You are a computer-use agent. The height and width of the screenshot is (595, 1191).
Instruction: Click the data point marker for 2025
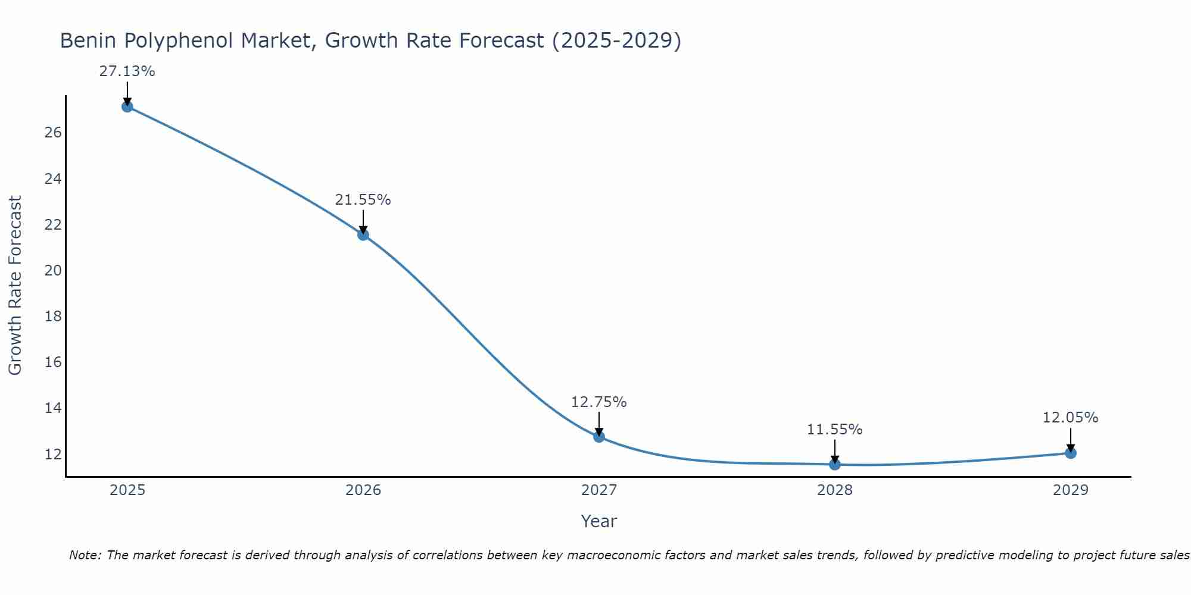pos(127,107)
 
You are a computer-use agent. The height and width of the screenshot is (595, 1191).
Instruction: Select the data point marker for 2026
pos(363,234)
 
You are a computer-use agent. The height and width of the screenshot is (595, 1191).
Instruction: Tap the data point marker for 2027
pos(599,437)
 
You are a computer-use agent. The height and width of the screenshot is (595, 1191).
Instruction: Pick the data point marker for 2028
pos(835,464)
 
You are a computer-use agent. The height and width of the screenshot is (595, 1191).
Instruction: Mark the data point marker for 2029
pos(1071,453)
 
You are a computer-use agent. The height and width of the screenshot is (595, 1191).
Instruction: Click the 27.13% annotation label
pos(127,71)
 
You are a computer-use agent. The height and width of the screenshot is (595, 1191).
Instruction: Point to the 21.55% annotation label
pos(363,200)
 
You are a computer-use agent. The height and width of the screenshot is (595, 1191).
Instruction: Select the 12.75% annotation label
pos(598,402)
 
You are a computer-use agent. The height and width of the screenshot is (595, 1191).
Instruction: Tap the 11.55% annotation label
pos(834,430)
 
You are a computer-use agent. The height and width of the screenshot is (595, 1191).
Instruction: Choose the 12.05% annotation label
pos(1070,418)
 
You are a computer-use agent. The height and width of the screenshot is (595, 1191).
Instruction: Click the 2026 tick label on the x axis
pos(363,490)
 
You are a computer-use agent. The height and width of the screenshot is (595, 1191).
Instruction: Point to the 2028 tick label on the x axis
pos(835,490)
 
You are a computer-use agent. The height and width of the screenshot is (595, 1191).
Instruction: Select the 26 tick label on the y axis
pos(54,133)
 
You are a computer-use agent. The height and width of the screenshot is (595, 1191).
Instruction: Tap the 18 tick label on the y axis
pos(54,317)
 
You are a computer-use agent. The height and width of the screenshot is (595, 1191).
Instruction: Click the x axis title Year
pos(598,521)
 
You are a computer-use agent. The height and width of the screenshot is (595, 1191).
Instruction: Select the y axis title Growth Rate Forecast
pos(15,286)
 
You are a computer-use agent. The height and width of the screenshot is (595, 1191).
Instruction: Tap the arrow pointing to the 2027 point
pos(599,424)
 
